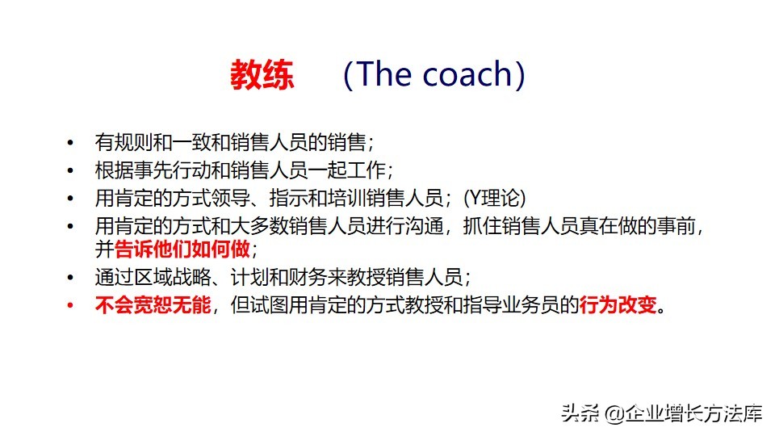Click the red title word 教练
pos(262,75)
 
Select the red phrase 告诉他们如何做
pos(184,248)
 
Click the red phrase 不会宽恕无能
pos(153,306)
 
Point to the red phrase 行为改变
pos(619,306)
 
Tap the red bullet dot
pos(71,306)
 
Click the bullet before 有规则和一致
pos(71,144)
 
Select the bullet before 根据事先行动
pos(71,171)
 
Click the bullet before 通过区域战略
pos(71,279)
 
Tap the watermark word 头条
pos(579,414)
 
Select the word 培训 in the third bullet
pos(355,198)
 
